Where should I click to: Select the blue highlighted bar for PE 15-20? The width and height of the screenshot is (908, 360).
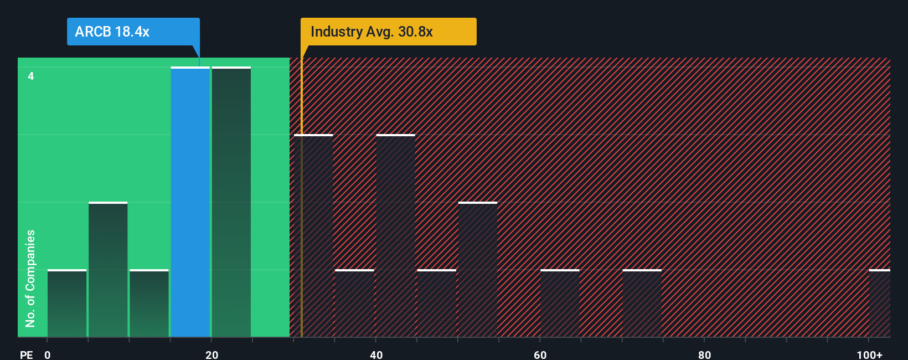pyautogui.click(x=190, y=202)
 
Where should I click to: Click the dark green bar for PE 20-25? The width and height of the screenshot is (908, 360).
pyautogui.click(x=231, y=202)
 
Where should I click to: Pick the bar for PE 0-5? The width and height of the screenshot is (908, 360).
pyautogui.click(x=67, y=304)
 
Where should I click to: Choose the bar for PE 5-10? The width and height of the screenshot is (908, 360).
pyautogui.click(x=108, y=270)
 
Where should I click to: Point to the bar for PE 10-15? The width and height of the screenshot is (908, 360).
pyautogui.click(x=149, y=304)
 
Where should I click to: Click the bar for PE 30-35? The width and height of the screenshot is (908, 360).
pyautogui.click(x=314, y=236)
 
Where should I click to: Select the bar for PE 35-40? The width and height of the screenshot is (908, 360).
pyautogui.click(x=355, y=304)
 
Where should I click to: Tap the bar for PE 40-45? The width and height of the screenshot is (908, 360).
pyautogui.click(x=396, y=236)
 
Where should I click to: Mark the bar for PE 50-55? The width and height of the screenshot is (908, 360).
pyautogui.click(x=478, y=270)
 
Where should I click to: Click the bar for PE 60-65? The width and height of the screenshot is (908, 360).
pyautogui.click(x=560, y=304)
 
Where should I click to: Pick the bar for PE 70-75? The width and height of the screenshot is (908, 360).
pyautogui.click(x=642, y=304)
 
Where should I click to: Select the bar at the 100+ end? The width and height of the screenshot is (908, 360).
pyautogui.click(x=880, y=304)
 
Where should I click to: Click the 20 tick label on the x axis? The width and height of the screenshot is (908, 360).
pyautogui.click(x=211, y=354)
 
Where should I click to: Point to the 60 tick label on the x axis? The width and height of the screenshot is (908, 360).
pyautogui.click(x=540, y=354)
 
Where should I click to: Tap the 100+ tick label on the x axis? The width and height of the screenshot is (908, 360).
pyautogui.click(x=869, y=354)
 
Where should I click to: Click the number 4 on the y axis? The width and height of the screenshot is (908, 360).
pyautogui.click(x=31, y=76)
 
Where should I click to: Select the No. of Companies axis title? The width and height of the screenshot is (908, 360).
pyautogui.click(x=30, y=278)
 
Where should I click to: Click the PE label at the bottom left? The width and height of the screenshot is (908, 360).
pyautogui.click(x=26, y=354)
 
